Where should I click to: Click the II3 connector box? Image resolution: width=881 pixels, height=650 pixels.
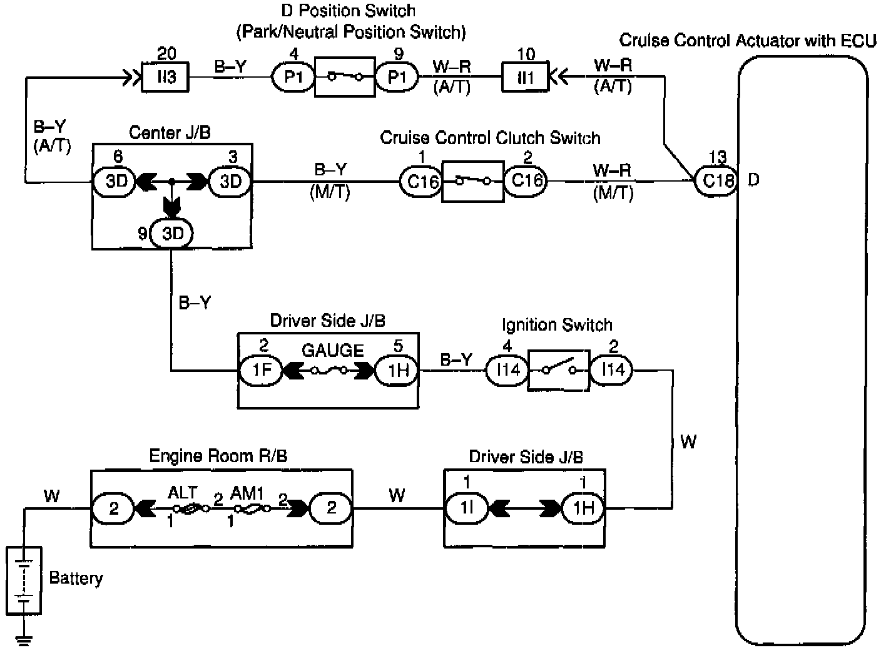(x=165, y=77)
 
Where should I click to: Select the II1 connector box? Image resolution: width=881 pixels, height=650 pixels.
(x=525, y=77)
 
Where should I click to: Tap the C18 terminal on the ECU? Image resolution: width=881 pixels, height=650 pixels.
(x=717, y=181)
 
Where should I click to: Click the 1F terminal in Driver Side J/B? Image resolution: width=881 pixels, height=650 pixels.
(x=261, y=371)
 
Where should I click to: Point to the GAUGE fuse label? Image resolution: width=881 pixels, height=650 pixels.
(x=333, y=351)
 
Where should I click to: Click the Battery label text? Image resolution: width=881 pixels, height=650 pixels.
(x=76, y=579)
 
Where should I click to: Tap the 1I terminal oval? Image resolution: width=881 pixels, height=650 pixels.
(x=467, y=508)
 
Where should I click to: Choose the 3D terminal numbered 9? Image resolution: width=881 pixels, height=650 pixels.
(x=172, y=234)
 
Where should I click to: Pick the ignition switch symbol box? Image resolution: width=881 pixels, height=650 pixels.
(x=559, y=371)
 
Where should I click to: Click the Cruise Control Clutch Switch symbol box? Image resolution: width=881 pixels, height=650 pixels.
(x=473, y=182)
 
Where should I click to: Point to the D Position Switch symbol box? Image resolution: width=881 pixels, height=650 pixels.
(x=345, y=77)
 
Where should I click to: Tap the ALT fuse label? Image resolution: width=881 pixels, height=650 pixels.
(x=183, y=493)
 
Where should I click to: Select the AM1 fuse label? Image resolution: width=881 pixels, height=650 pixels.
(x=247, y=493)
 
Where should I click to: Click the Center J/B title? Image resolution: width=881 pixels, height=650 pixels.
(x=170, y=133)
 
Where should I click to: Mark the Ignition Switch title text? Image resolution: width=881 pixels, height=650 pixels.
(x=558, y=325)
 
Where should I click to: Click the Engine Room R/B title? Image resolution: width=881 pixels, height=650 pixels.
(x=218, y=456)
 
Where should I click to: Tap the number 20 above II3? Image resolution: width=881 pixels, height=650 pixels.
(x=166, y=54)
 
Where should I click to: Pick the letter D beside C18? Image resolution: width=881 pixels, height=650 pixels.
(x=753, y=180)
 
